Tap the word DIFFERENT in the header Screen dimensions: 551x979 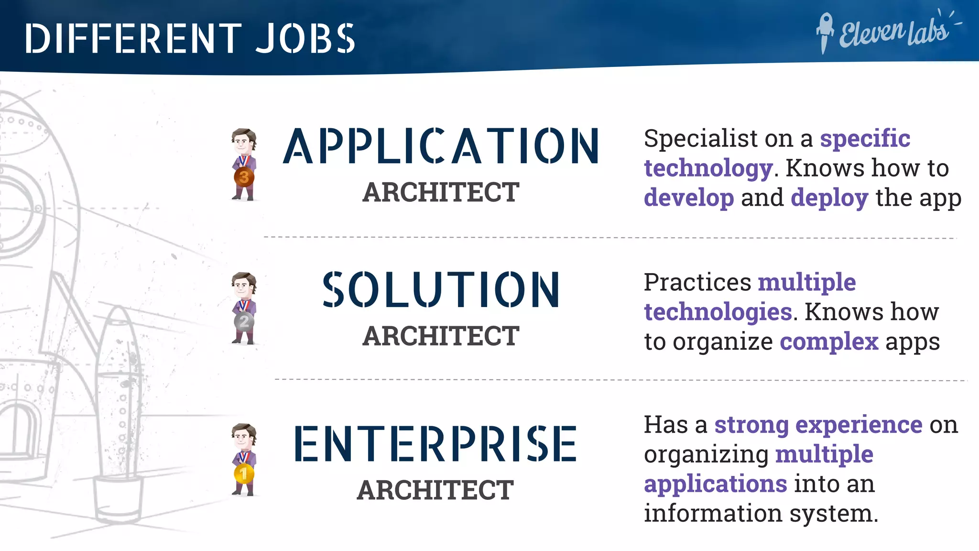pyautogui.click(x=133, y=38)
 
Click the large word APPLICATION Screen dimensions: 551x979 pyautogui.click(x=441, y=146)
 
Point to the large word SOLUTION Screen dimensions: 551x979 pyautogui.click(x=441, y=289)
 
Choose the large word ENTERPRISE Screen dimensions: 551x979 pyautogui.click(x=435, y=444)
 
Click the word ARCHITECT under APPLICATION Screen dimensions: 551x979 pyautogui.click(x=441, y=192)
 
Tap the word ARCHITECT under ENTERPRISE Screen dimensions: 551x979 pyautogui.click(x=435, y=490)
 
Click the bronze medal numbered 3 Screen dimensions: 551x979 pyautogui.click(x=244, y=177)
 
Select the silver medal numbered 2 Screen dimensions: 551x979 pyautogui.click(x=244, y=321)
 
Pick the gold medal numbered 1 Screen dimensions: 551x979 pyautogui.click(x=244, y=474)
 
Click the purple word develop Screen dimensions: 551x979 pyautogui.click(x=689, y=198)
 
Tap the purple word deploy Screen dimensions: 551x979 pyautogui.click(x=829, y=198)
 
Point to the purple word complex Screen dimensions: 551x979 pyautogui.click(x=829, y=342)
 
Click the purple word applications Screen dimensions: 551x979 pyautogui.click(x=715, y=484)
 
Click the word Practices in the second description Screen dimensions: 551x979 pyautogui.click(x=697, y=282)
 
